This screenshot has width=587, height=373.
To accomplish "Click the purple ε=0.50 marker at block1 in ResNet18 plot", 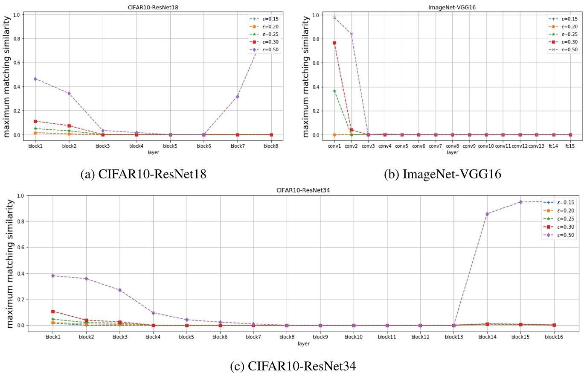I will pos(35,79).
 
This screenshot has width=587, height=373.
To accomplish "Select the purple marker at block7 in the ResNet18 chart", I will pos(237,96).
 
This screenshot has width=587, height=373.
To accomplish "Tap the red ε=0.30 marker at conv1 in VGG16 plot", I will pos(334,43).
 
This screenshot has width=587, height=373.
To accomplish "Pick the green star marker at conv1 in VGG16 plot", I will pos(334,91).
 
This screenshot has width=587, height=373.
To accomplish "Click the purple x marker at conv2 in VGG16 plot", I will pos(351,34).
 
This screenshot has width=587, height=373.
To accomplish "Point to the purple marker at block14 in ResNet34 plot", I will pos(487,214).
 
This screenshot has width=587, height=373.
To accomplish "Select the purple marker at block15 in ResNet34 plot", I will pos(520,202).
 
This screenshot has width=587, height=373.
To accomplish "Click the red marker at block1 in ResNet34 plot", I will pos(53,312).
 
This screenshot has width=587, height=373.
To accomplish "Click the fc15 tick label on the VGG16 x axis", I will pos(570,146).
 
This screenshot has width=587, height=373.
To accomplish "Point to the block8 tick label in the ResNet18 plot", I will pos(271,146).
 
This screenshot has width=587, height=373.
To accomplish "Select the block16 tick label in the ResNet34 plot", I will pos(554,337).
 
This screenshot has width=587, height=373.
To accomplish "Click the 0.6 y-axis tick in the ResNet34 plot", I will pos(20,248).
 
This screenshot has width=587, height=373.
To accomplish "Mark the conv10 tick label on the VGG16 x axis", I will pos(486,146).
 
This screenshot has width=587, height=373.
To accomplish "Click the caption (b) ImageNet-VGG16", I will pos(442,174).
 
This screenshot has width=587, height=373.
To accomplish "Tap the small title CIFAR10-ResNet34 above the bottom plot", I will pos(303,190).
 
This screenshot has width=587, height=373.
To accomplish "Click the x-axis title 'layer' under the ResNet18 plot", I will pos(153,152).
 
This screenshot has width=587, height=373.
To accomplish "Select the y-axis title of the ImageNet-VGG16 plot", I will pos(305,77).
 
